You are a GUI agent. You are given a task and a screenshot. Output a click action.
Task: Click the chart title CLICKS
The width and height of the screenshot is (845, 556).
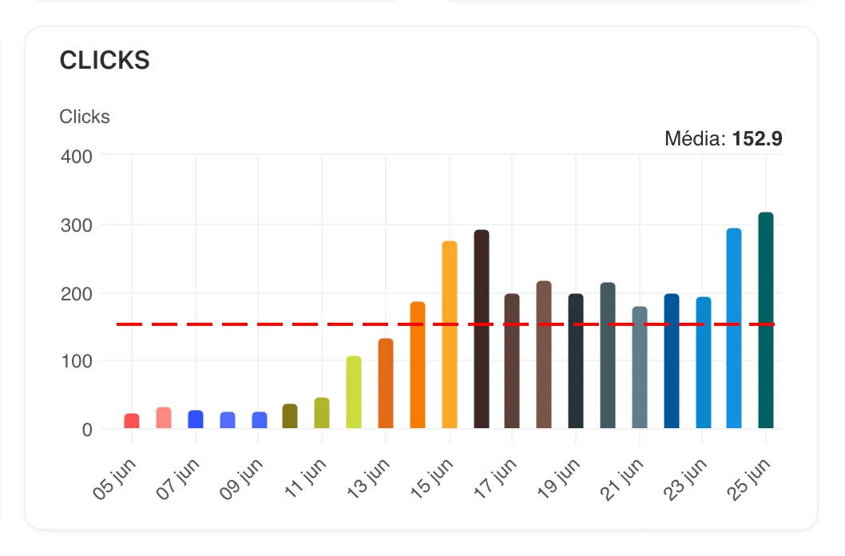105,61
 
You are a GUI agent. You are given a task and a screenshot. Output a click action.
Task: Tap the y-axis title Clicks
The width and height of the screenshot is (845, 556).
85,117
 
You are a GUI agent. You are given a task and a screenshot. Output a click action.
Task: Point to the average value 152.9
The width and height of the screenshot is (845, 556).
757,139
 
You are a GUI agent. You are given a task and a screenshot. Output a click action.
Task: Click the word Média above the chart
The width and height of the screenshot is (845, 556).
693,139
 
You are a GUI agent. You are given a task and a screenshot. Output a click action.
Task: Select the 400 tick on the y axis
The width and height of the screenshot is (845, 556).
77,156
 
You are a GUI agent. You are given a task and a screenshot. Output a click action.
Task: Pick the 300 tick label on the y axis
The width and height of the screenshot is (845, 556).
77,224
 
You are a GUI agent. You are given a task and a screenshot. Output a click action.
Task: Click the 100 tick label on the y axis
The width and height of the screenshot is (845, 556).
77,361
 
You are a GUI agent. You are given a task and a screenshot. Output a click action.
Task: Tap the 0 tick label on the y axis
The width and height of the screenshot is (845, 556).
87,430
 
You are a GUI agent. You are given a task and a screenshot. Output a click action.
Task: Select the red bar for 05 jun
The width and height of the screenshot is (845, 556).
132,421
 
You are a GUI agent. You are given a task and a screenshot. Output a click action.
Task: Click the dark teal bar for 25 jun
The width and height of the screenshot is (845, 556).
766,320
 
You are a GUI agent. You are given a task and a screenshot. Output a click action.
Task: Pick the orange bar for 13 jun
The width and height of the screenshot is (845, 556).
386,383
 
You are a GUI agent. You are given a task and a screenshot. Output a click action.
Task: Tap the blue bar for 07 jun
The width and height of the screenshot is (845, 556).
196,419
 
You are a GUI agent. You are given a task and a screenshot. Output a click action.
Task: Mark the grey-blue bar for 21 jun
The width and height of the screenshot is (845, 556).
639,367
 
